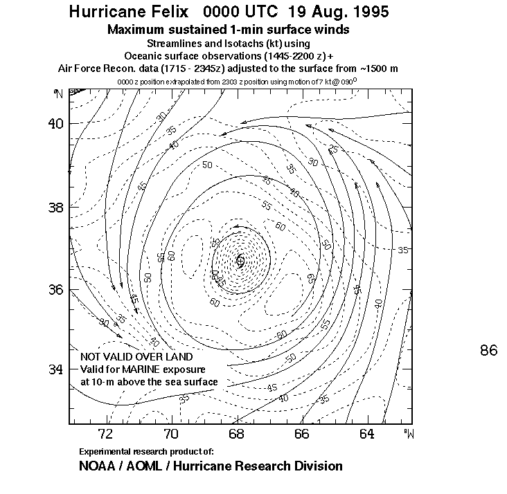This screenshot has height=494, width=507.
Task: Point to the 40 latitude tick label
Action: coord(55,124)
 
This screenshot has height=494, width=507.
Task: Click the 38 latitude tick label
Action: coord(55,207)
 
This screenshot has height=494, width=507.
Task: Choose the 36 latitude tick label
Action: coord(55,289)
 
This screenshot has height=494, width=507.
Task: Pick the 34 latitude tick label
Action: coord(55,370)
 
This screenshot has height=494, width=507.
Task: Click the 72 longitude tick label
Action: coord(106,435)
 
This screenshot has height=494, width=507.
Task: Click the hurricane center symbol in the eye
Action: coord(240,261)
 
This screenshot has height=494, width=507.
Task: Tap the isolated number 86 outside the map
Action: coord(488,351)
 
